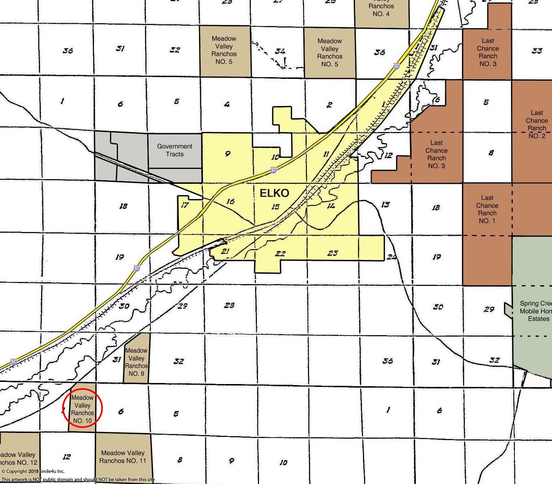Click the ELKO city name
point(274,193)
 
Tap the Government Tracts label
point(175,150)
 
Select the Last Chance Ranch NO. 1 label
point(487,209)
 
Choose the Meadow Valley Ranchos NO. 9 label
point(136,362)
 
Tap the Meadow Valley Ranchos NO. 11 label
point(123,457)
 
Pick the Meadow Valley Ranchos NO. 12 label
point(18,458)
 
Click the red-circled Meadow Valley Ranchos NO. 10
point(83,409)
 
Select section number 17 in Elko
point(185,205)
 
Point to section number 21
point(225,251)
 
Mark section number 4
point(227,104)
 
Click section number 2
point(329,105)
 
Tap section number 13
point(386,205)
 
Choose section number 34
point(280,51)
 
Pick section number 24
point(392,257)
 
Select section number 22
point(280,254)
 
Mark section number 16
point(230,201)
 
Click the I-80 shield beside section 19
point(137,268)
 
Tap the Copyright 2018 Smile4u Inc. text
point(33,471)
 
